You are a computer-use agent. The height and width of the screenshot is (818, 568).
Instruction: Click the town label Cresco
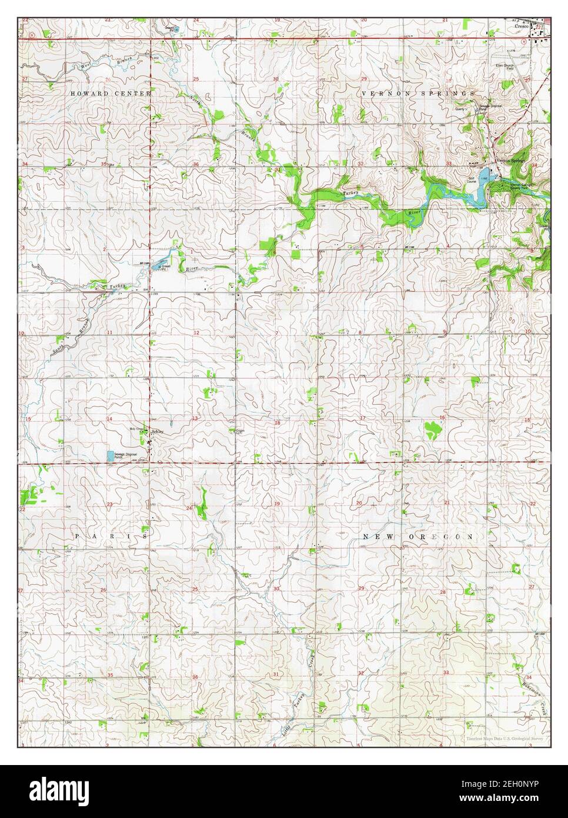click(520, 10)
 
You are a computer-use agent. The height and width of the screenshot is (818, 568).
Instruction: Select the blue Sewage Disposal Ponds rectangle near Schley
click(110, 455)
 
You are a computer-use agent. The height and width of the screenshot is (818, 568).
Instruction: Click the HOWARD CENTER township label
click(111, 94)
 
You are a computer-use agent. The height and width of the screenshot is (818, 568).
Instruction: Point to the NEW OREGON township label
click(418, 537)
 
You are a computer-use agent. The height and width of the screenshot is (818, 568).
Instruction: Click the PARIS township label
click(110, 537)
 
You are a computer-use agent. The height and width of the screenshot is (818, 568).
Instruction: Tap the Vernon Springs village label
click(510, 160)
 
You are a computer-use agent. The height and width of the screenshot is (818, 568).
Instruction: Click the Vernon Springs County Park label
click(522, 187)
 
